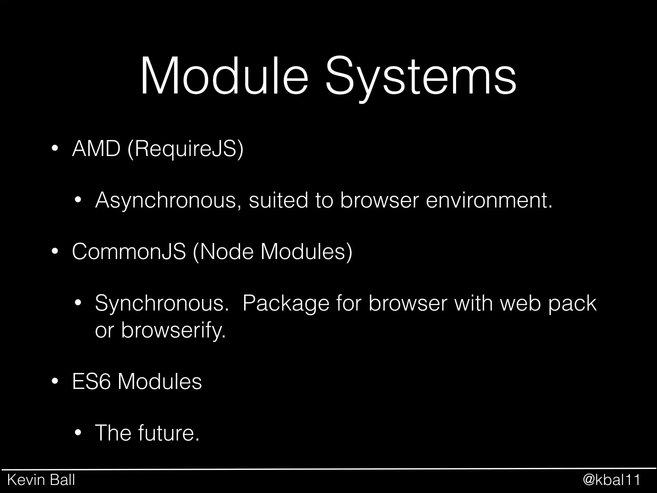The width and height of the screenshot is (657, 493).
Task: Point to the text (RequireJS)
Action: pyautogui.click(x=185, y=149)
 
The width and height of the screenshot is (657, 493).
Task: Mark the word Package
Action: pyautogui.click(x=286, y=303)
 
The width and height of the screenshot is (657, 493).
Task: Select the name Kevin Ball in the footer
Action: pyautogui.click(x=41, y=480)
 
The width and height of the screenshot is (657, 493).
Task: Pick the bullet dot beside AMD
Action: pyautogui.click(x=55, y=149)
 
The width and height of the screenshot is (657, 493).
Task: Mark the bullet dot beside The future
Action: pyautogui.click(x=78, y=434)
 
